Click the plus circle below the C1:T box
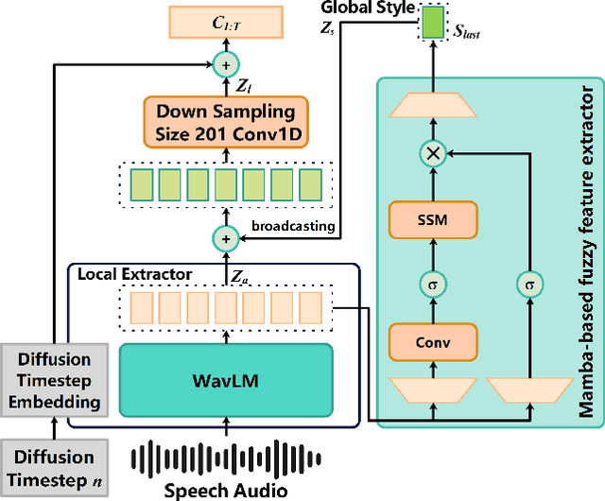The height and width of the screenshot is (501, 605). coord(227,63)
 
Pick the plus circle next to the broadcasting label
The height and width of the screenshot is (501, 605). coord(227,239)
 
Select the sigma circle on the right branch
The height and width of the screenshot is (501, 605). coord(529,282)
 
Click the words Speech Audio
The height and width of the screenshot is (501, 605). coord(226,490)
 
